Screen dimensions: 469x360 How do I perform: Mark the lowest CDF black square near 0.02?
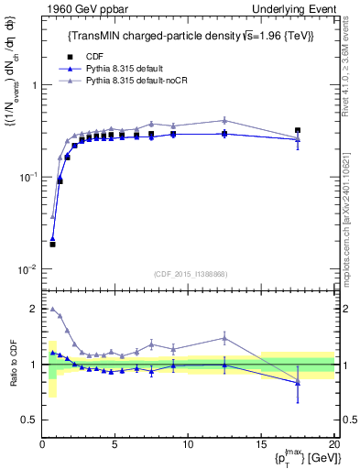pos(52,245)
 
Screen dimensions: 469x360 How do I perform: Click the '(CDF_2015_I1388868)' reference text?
pos(188,273)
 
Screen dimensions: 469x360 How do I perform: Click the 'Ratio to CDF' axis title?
pos(11,365)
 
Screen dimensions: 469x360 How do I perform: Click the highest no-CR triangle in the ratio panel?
pos(52,309)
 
